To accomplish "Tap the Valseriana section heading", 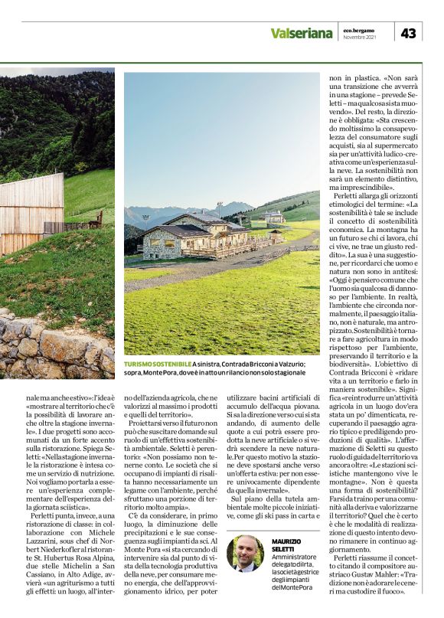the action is (301, 33).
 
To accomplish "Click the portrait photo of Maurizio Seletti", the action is (246, 553).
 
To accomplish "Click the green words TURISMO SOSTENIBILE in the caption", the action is (158, 364).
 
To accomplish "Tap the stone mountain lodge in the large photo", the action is (184, 238).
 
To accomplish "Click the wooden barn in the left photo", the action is (31, 211).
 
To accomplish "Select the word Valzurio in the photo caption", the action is (289, 364).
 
